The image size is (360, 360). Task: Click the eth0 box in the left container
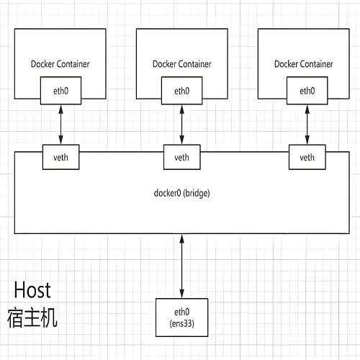tap(60, 91)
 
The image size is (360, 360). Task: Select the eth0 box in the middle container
tap(181, 91)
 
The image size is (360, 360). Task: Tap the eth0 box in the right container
tap(307, 91)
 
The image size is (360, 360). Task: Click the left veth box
tap(60, 157)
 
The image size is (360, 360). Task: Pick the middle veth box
tap(181, 157)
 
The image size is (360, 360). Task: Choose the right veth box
tap(307, 157)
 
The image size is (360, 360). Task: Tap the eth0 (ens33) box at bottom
tap(181, 318)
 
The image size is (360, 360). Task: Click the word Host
tap(32, 291)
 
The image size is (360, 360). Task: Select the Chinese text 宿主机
tap(32, 318)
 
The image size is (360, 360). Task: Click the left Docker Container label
tap(60, 63)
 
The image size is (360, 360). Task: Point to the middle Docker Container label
tap(181, 63)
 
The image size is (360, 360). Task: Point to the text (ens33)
tap(181, 323)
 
